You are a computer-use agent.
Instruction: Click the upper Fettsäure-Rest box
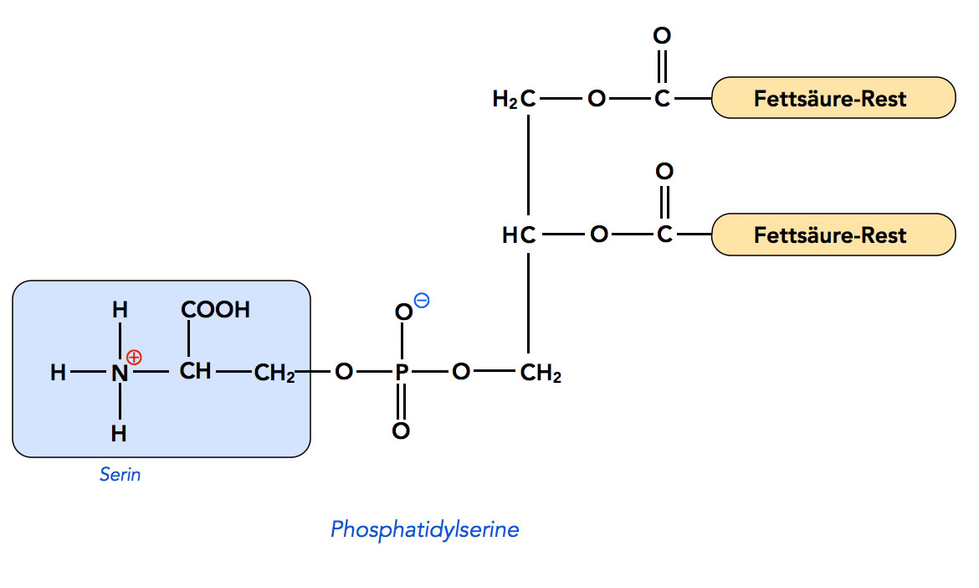(x=833, y=98)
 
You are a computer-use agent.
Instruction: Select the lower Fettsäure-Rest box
(x=833, y=234)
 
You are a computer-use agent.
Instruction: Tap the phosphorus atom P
(x=401, y=372)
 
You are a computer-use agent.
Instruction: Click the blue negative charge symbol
(x=422, y=301)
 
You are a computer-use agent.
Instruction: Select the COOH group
(x=215, y=310)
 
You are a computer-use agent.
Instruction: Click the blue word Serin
(x=120, y=475)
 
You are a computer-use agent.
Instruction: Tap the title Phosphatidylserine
(x=424, y=529)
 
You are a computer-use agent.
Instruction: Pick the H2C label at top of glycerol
(x=514, y=100)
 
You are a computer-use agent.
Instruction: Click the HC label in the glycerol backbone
(x=518, y=235)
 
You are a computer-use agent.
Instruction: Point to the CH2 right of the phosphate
(x=541, y=374)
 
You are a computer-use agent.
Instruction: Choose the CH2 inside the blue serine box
(x=274, y=374)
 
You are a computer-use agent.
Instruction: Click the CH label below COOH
(x=195, y=371)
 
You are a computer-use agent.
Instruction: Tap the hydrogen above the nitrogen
(x=120, y=310)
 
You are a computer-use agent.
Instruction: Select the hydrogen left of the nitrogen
(x=58, y=373)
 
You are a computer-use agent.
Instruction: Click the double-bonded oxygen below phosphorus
(x=401, y=431)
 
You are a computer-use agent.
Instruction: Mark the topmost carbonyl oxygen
(x=662, y=36)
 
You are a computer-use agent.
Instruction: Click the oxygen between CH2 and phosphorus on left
(x=343, y=372)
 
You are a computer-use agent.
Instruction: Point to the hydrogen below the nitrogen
(x=120, y=433)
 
